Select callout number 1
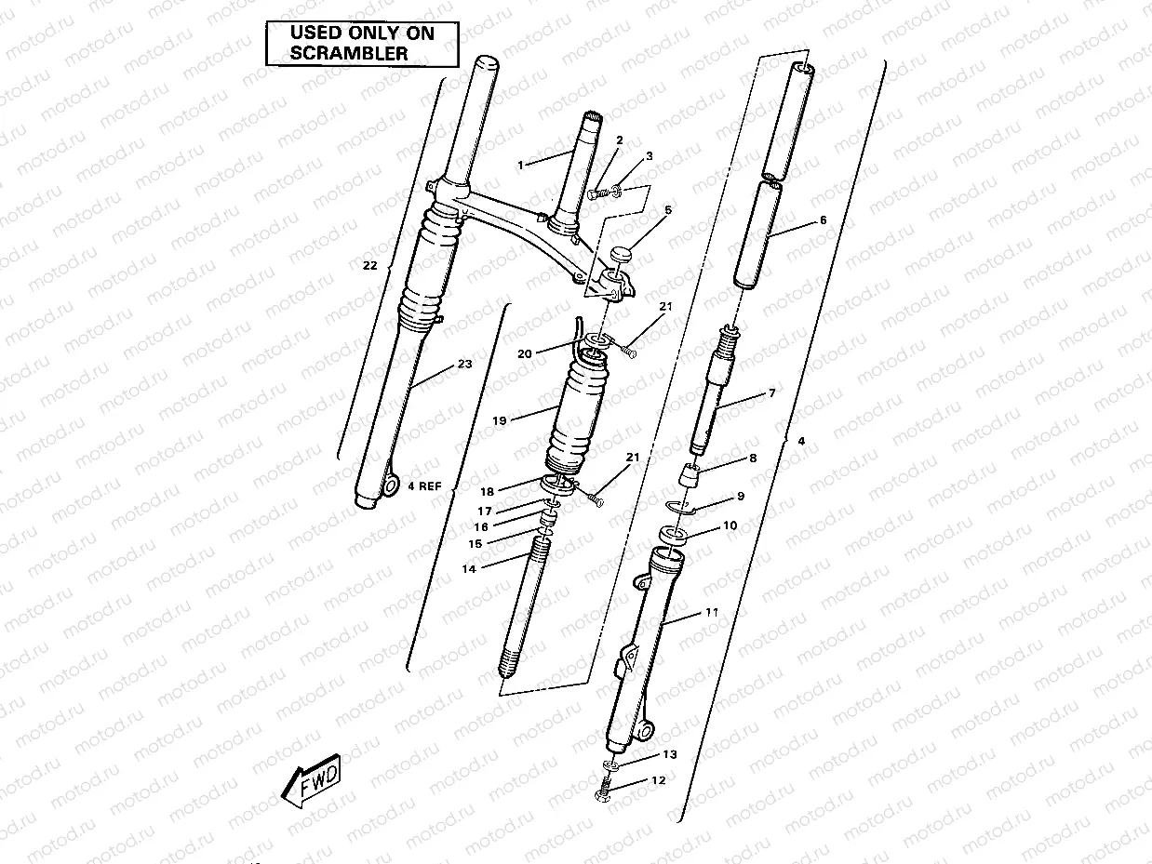[522, 165]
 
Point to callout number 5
[668, 211]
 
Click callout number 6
[822, 220]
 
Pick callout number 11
[712, 613]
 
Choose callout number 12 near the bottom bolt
[659, 780]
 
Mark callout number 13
[670, 754]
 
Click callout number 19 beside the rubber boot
[499, 420]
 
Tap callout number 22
[369, 265]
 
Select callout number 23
[464, 365]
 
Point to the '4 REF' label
[423, 485]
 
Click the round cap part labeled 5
[623, 252]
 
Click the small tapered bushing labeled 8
[690, 476]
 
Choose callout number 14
[469, 568]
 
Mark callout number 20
[525, 353]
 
